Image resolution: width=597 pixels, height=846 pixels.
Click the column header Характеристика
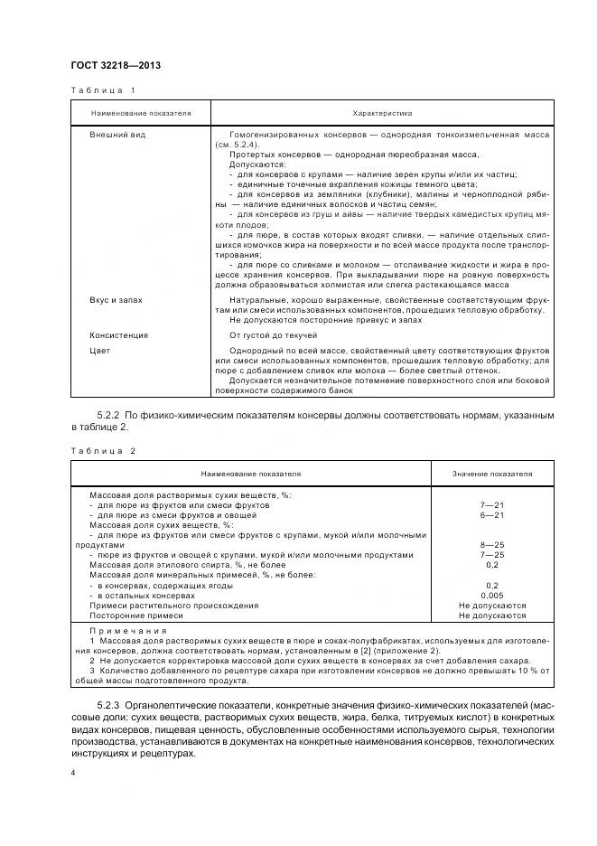[382, 114]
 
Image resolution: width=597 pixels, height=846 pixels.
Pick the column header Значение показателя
[492, 473]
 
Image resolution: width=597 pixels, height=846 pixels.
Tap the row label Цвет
[99, 349]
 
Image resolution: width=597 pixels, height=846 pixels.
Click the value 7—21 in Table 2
[492, 504]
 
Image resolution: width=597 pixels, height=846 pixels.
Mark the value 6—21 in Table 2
[492, 514]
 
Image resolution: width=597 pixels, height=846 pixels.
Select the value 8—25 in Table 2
[492, 545]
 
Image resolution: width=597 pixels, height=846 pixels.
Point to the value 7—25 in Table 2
[492, 555]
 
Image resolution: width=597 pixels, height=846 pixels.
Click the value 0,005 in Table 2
[492, 596]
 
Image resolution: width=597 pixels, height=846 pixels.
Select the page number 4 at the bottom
[72, 774]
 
